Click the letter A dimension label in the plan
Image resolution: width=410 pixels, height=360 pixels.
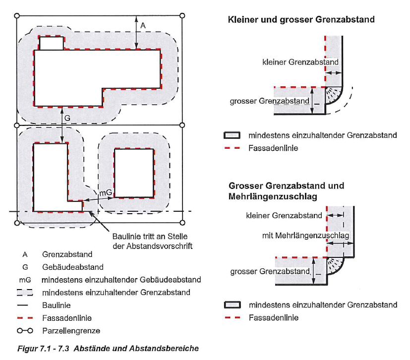143,25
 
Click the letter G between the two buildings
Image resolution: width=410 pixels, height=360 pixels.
67,118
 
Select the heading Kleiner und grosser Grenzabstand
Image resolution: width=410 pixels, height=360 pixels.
301,20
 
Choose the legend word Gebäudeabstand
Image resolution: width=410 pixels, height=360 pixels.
69,267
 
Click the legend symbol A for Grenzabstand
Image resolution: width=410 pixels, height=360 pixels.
25,254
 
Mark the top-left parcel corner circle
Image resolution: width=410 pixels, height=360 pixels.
17,16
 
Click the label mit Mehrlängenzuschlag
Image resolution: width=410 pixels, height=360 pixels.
305,236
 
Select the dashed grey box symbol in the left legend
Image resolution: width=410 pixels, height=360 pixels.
25,293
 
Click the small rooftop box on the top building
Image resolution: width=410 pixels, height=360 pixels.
52,43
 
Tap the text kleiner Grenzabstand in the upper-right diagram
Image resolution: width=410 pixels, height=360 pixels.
300,62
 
